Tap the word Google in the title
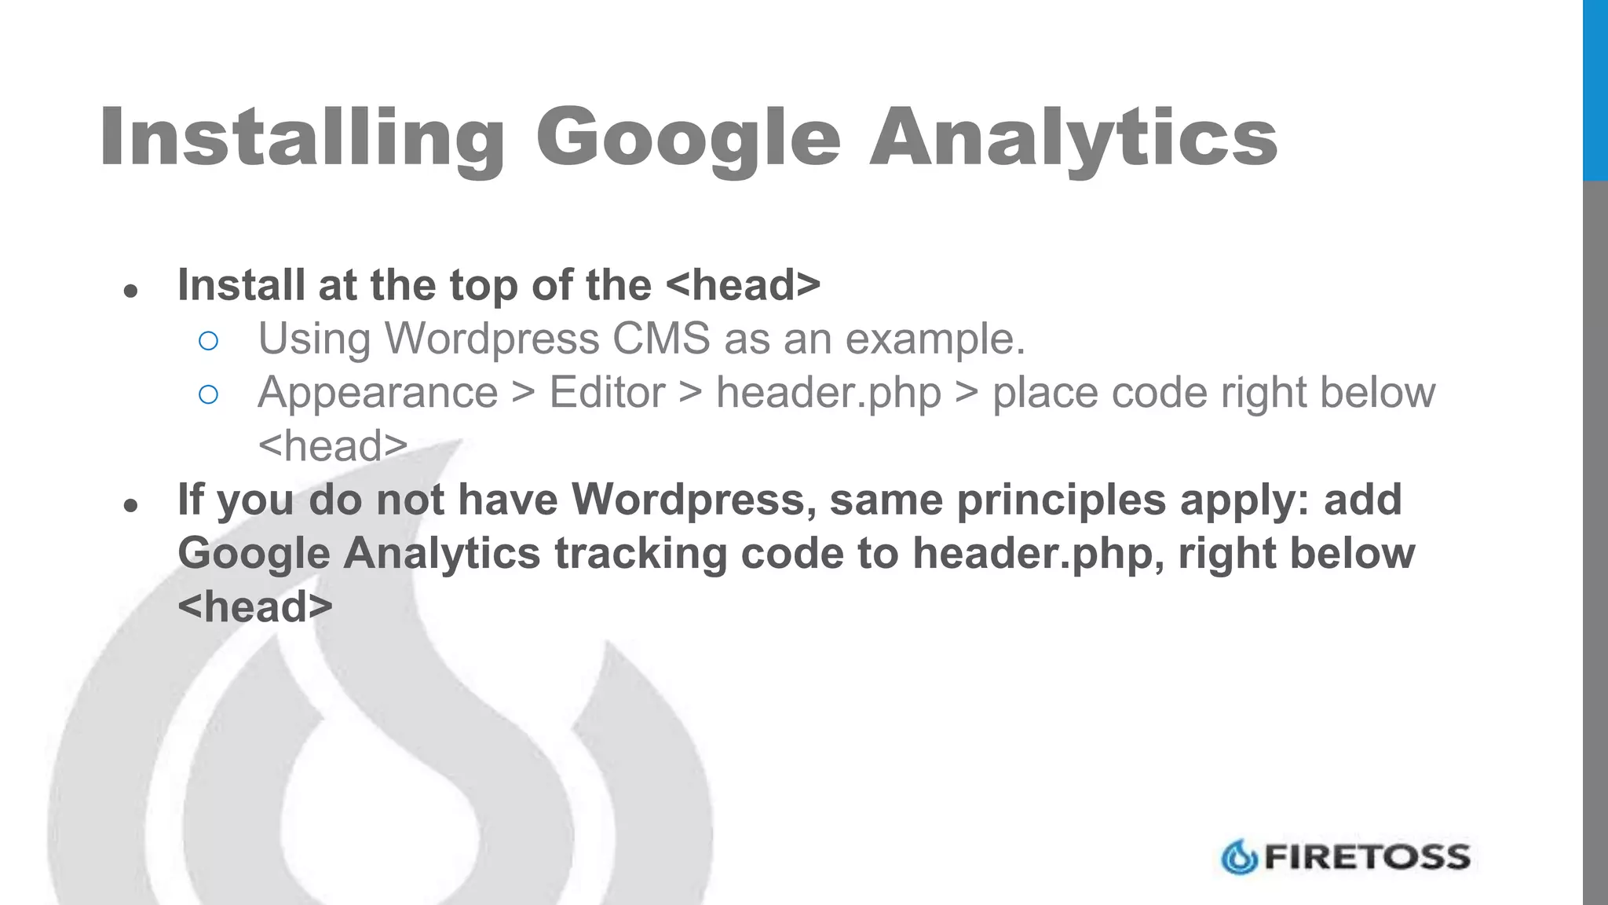[688, 138]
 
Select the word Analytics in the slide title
[1073, 138]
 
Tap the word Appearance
[378, 392]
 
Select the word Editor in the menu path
[607, 392]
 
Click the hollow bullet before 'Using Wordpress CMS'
[208, 341]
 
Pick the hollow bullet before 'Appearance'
[208, 394]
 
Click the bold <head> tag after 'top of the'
[742, 284]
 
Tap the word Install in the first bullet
[241, 284]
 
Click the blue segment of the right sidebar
[1595, 90]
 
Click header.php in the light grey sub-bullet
[828, 392]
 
